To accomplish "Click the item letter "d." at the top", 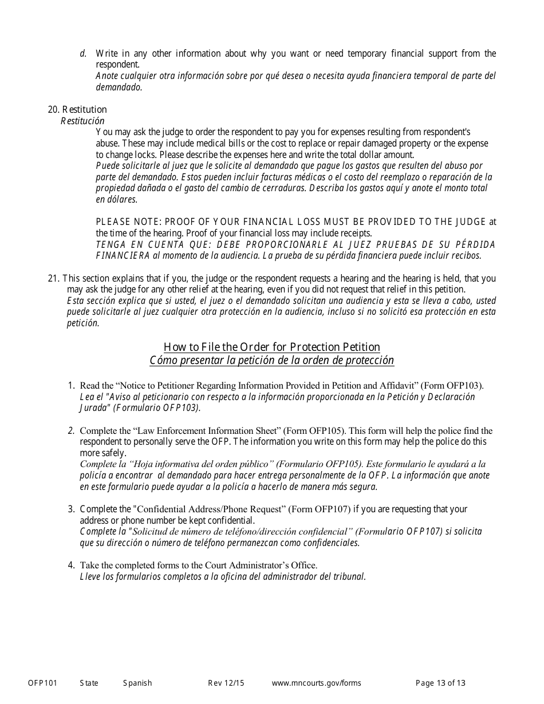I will click(x=83, y=53).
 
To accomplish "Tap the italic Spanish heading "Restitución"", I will click(x=82, y=121).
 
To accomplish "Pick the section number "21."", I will click(x=54, y=278).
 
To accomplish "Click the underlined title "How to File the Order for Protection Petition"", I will click(x=271, y=347).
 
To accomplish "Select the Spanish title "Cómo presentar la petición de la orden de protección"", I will click(x=271, y=360).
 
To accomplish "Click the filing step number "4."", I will click(x=72, y=565).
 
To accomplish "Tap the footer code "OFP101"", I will click(x=42, y=683).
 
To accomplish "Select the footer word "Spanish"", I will click(x=137, y=683).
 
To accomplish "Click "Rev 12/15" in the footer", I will click(x=226, y=683).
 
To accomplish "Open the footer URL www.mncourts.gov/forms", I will click(x=316, y=683).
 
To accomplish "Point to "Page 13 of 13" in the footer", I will click(x=440, y=683).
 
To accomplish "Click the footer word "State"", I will click(x=89, y=683).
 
